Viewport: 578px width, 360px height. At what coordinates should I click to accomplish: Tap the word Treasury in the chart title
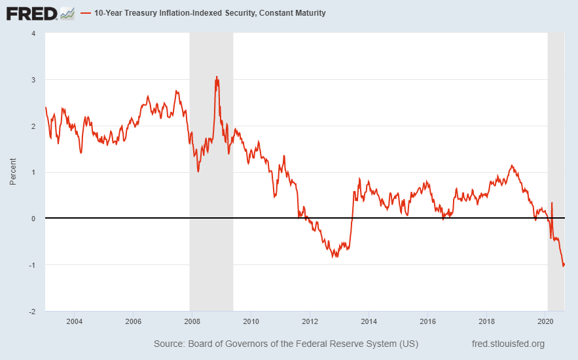pyautogui.click(x=146, y=13)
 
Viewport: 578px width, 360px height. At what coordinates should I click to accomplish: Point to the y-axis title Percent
pyautogui.click(x=13, y=171)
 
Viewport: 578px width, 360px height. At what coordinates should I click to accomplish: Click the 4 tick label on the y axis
pyautogui.click(x=33, y=33)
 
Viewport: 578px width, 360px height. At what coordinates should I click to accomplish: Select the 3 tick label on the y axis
pyautogui.click(x=33, y=80)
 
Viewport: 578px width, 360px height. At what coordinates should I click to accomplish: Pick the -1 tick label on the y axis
pyautogui.click(x=32, y=265)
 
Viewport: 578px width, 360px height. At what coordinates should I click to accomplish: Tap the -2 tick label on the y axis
pyautogui.click(x=32, y=312)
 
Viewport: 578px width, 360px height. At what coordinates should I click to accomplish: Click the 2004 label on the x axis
pyautogui.click(x=75, y=321)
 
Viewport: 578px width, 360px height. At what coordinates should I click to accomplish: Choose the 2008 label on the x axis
pyautogui.click(x=192, y=321)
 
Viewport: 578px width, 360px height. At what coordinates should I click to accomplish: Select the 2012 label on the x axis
pyautogui.click(x=310, y=321)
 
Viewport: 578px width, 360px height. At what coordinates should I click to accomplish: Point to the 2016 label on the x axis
pyautogui.click(x=427, y=321)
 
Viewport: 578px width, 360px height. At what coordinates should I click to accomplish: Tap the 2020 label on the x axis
pyautogui.click(x=545, y=321)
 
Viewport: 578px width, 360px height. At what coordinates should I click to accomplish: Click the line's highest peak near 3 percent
pyautogui.click(x=217, y=77)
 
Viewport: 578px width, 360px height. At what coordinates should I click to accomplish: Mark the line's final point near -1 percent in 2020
pyautogui.click(x=564, y=264)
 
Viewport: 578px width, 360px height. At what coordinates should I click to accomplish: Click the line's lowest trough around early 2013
pyautogui.click(x=334, y=257)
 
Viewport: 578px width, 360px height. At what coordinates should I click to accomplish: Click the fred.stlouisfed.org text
pyautogui.click(x=508, y=344)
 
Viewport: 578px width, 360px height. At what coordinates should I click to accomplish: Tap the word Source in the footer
pyautogui.click(x=169, y=344)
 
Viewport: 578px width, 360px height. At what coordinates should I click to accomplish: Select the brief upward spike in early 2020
pyautogui.click(x=552, y=204)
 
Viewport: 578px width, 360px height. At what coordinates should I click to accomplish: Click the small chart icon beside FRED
pyautogui.click(x=67, y=12)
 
